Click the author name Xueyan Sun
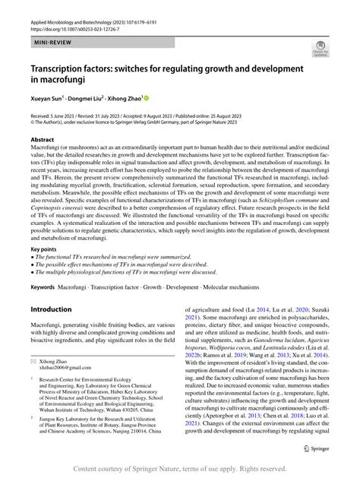click(51, 99)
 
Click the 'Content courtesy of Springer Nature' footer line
click(180, 469)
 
